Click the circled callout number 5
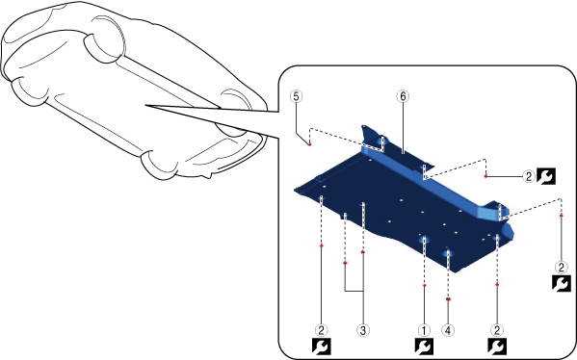[296, 96]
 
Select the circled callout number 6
[403, 96]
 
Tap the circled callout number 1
[424, 330]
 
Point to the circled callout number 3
[363, 330]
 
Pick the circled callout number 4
[448, 330]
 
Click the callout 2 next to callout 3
[321, 330]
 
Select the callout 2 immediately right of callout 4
[497, 330]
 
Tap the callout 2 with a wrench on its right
[529, 177]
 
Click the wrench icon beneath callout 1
[424, 347]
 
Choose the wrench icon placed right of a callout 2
[546, 176]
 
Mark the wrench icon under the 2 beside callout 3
[321, 347]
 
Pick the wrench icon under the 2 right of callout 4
[497, 347]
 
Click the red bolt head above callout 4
[448, 299]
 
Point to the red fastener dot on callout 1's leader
[425, 285]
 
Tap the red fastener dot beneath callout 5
[310, 144]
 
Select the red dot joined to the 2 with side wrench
[485, 176]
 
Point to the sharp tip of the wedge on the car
[145, 106]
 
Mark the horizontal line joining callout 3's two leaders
[354, 291]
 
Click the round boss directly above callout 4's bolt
[448, 254]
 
